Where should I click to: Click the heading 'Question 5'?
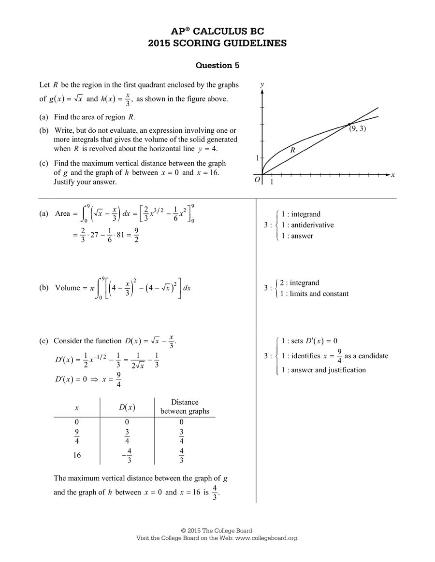point(217,65)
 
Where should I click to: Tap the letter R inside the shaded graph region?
point(292,150)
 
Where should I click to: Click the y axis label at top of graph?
point(261,84)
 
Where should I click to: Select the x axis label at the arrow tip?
point(393,175)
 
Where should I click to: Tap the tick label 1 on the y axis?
point(257,158)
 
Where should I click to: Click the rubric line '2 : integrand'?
point(299,283)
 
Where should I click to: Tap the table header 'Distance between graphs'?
point(185,407)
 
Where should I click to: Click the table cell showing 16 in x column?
point(77,455)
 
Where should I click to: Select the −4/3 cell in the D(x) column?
point(127,455)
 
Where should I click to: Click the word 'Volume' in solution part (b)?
point(68,288)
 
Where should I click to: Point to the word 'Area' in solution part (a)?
point(63,213)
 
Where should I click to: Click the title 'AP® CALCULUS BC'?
point(217,32)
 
